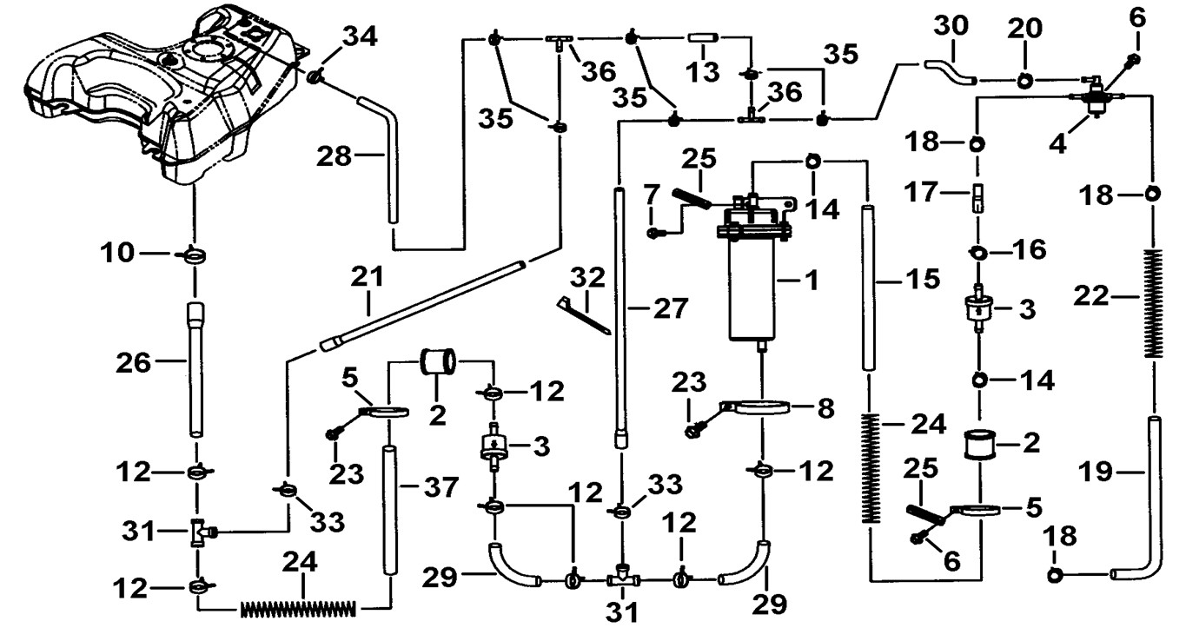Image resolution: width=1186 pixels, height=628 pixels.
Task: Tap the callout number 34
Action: tap(359, 38)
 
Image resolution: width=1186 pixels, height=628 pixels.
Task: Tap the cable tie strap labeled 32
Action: tap(582, 314)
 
